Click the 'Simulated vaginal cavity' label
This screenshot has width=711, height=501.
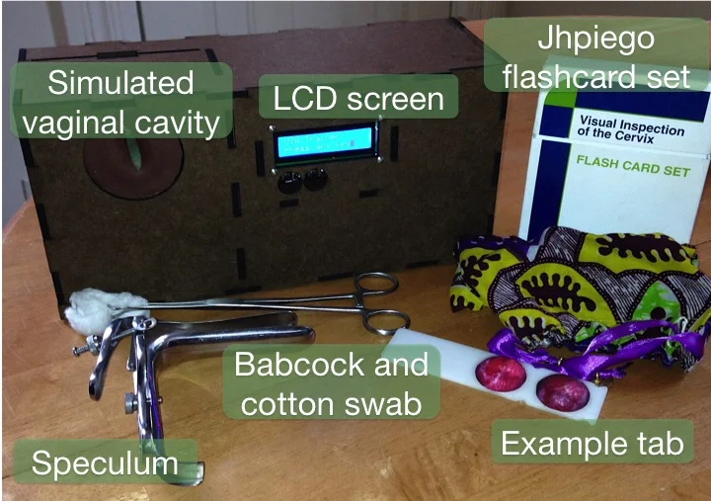click(x=122, y=103)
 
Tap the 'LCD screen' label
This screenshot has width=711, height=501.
click(x=358, y=99)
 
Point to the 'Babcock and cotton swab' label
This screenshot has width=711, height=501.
click(x=332, y=383)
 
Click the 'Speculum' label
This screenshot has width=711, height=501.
click(x=104, y=463)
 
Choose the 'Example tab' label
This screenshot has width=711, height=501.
click(x=591, y=444)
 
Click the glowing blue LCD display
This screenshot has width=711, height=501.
click(x=325, y=145)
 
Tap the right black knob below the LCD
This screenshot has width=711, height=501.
click(x=315, y=179)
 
